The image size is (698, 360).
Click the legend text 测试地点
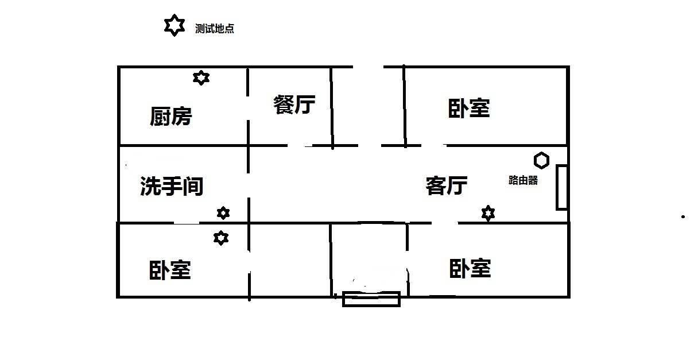tap(214, 29)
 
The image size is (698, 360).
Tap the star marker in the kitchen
tap(201, 78)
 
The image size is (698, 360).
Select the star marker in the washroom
tap(223, 213)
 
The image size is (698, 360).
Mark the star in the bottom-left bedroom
tap(221, 238)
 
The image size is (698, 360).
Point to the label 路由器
tap(523, 180)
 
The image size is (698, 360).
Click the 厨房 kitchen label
tap(170, 116)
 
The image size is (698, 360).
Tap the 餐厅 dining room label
tap(294, 104)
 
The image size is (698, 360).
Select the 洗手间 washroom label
tap(172, 187)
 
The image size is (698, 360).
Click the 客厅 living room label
tap(447, 186)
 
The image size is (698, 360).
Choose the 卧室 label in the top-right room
tap(469, 108)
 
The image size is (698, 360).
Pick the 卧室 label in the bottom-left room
tap(170, 270)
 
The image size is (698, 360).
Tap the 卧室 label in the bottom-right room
tap(470, 268)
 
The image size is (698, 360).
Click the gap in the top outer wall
tap(368, 67)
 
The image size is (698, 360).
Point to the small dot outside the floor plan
tap(683, 216)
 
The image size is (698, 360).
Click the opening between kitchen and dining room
tap(248, 108)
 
